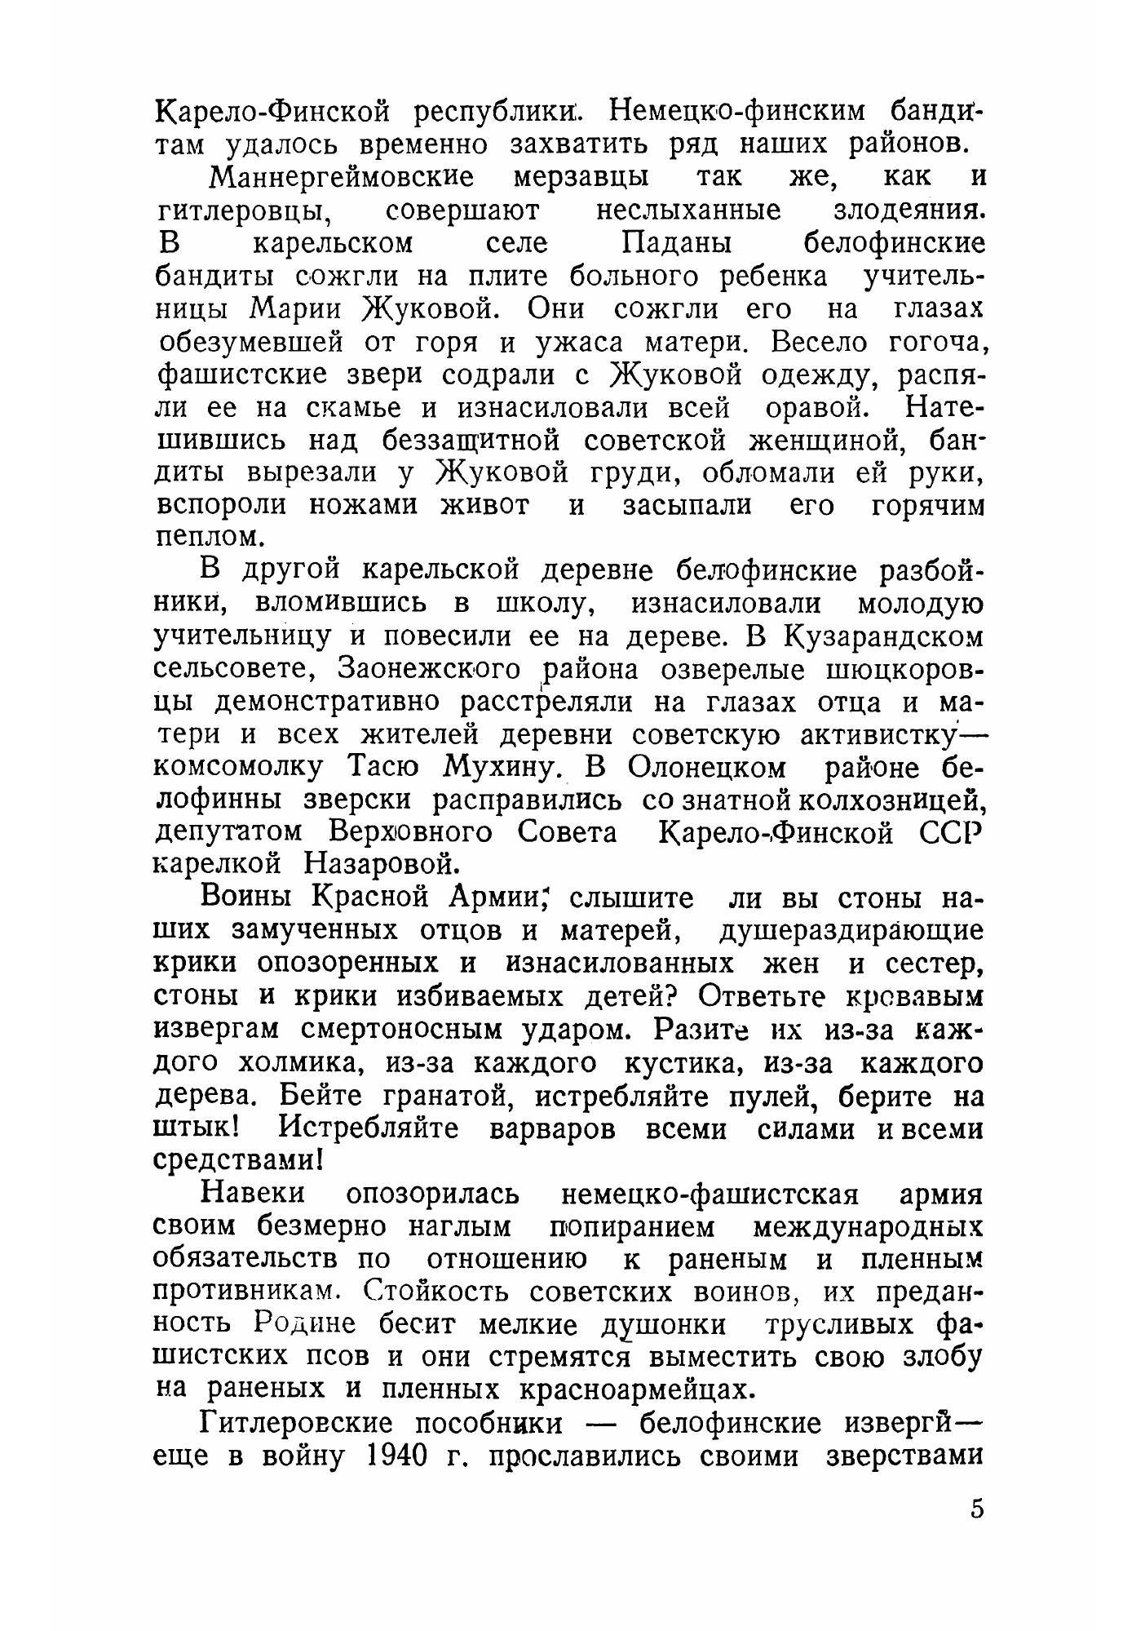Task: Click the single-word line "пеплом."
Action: (x=210, y=537)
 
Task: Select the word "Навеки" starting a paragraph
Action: (x=253, y=1194)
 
